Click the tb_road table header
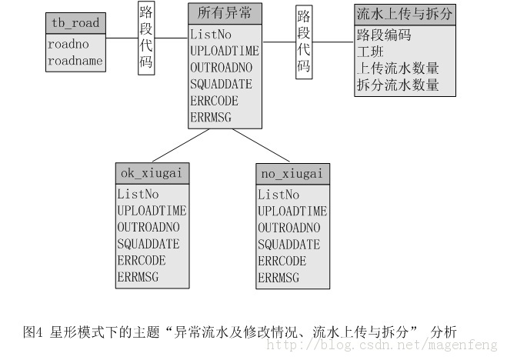pyautogui.click(x=75, y=23)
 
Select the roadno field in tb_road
pyautogui.click(x=68, y=45)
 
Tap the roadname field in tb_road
pyautogui.click(x=75, y=61)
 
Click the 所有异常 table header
pyautogui.click(x=225, y=13)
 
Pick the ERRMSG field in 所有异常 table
pyautogui.click(x=211, y=117)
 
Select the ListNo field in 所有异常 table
pyautogui.click(x=211, y=35)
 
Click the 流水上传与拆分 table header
pyautogui.click(x=405, y=15)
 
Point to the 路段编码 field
pyautogui.click(x=384, y=35)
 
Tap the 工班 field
pyautogui.click(x=370, y=52)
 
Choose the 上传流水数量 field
pyautogui.click(x=398, y=68)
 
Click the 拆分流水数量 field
pyautogui.click(x=398, y=85)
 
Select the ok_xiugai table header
pyautogui.click(x=152, y=173)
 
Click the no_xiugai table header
pyautogui.click(x=292, y=174)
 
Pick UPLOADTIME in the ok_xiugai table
pyautogui.click(x=152, y=211)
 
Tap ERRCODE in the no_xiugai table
pyautogui.click(x=282, y=261)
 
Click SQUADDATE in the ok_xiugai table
pyautogui.click(x=148, y=244)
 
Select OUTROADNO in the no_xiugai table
pyautogui.click(x=289, y=228)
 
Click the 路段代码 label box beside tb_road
pyautogui.click(x=146, y=38)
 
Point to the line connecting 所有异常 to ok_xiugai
pyautogui.click(x=181, y=145)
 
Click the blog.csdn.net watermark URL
pyautogui.click(x=382, y=345)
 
